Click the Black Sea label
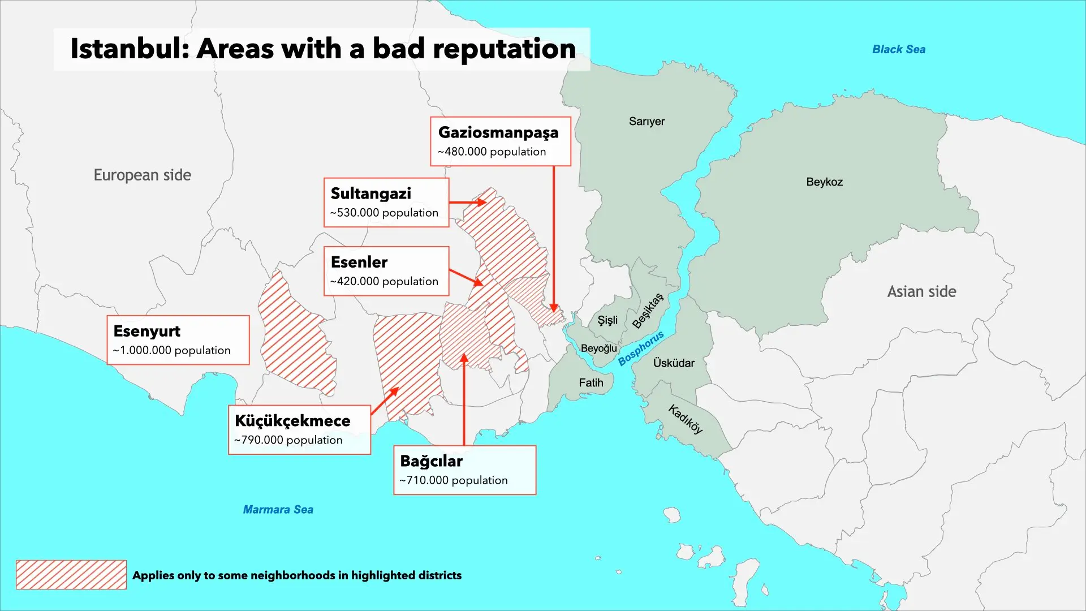898,49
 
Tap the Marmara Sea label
278,509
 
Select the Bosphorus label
640,348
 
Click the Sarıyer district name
647,121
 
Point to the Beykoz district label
824,182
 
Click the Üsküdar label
673,363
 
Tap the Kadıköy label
686,419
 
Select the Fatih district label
591,382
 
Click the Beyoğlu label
598,348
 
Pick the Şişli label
607,320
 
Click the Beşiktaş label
647,311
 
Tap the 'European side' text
142,175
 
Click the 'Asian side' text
921,291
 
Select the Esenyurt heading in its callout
146,331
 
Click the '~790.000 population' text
288,440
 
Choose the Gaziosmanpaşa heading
498,132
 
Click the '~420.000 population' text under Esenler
384,281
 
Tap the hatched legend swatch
71,575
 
